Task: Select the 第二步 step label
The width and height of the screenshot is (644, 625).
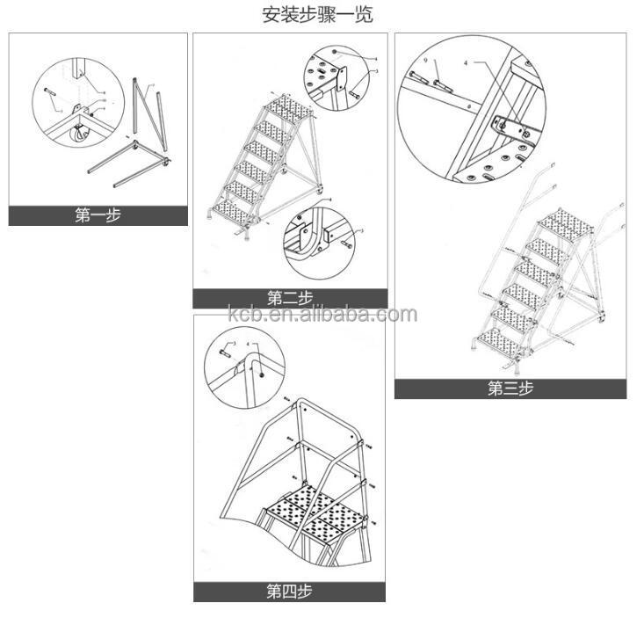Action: tap(290, 298)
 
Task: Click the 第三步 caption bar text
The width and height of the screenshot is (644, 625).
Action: tap(510, 389)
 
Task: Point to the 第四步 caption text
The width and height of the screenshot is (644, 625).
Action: tap(289, 592)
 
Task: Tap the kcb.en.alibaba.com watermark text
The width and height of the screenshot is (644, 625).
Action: tap(322, 315)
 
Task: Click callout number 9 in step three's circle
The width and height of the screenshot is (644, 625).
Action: tap(425, 62)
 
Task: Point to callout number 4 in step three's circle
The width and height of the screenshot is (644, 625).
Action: tap(467, 63)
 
